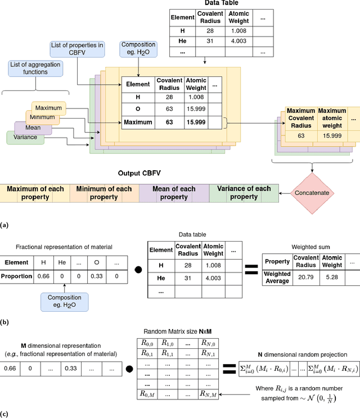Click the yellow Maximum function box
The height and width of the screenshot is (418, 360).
[x=48, y=107]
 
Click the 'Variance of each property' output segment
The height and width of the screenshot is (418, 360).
[x=244, y=193]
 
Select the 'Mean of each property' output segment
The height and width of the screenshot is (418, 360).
[x=173, y=193]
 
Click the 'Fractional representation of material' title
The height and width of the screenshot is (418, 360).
[x=64, y=247]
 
